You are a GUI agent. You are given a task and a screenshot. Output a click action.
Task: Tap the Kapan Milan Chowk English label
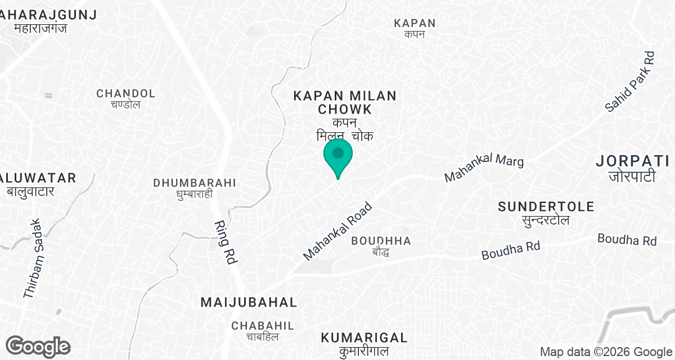345,102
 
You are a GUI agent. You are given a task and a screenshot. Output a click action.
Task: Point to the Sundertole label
546,207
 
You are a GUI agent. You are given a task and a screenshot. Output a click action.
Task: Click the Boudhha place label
381,241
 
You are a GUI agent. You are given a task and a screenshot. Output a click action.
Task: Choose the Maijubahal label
249,303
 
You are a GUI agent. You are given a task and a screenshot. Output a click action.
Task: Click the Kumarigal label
364,337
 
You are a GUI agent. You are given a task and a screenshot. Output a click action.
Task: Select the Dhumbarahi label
195,183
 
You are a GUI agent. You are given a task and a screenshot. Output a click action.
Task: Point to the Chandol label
125,93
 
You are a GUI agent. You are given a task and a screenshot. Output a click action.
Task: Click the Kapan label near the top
415,23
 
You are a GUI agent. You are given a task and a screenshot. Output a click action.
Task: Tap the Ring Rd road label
224,241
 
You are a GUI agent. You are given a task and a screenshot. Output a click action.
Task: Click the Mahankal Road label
337,231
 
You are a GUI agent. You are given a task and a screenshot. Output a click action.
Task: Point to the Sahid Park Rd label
631,81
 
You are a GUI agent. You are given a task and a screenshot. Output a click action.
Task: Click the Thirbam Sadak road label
32,258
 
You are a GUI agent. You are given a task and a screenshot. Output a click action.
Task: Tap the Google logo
38,346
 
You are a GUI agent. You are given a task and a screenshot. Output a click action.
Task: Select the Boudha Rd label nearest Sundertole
511,250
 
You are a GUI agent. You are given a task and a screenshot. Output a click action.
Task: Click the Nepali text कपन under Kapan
414,35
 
